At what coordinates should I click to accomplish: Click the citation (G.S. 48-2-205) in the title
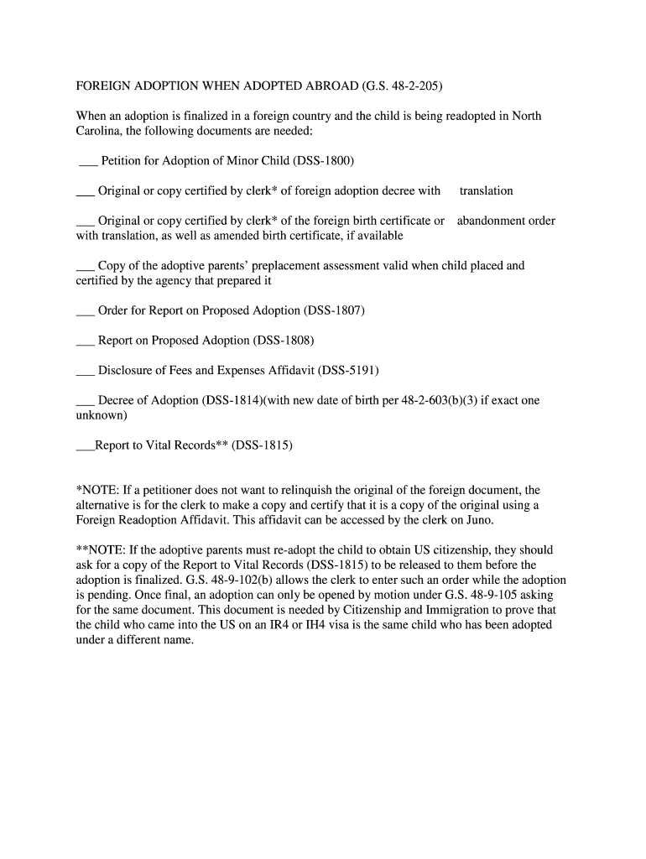click(402, 86)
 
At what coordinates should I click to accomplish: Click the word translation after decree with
click(486, 191)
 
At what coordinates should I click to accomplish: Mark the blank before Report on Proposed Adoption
click(85, 342)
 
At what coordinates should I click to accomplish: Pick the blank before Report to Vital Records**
click(85, 447)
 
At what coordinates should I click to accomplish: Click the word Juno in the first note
click(480, 520)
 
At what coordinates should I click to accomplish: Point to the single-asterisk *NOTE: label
click(98, 490)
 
